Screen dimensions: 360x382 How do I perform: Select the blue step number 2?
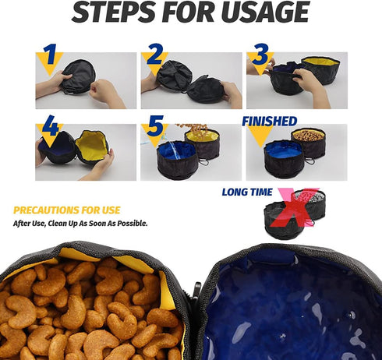pos(154,55)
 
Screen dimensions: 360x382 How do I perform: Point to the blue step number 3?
pos(260,55)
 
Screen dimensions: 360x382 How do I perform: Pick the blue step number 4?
pos(50,125)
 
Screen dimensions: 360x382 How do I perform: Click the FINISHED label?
pos(269,121)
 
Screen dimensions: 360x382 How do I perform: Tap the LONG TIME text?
pos(247,192)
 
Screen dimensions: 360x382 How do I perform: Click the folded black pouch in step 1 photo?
pos(79,76)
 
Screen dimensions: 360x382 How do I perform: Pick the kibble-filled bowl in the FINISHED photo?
pos(308,140)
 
